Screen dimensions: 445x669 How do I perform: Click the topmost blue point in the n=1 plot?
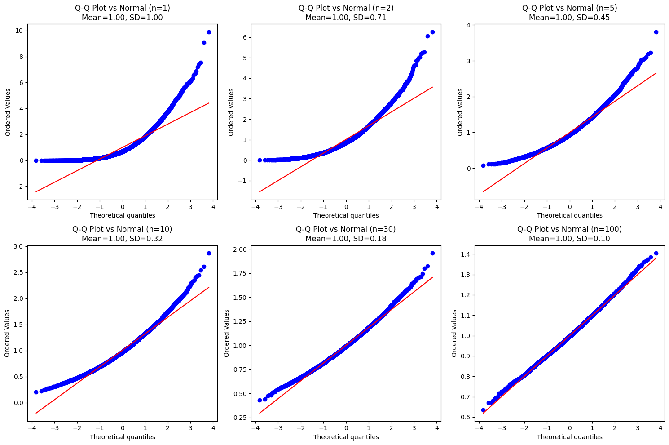(x=209, y=32)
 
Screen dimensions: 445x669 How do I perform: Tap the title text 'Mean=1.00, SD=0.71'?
(x=346, y=18)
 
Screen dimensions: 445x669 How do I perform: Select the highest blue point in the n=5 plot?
(x=656, y=32)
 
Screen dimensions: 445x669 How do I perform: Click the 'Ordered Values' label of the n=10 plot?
(x=8, y=333)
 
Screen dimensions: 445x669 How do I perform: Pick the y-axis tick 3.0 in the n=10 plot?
(x=19, y=246)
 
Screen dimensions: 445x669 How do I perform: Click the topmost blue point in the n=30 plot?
(x=432, y=253)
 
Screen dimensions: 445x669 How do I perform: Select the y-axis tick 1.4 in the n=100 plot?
(x=466, y=254)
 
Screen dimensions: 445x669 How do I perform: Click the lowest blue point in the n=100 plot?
(x=483, y=410)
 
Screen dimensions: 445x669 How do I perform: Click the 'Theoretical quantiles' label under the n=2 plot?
(x=346, y=215)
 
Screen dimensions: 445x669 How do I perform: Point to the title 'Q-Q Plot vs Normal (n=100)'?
(x=569, y=229)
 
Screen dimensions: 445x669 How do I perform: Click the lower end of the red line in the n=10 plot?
(x=36, y=413)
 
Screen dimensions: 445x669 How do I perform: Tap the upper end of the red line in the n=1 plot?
(x=209, y=103)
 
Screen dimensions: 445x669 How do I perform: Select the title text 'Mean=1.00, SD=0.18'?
(x=346, y=239)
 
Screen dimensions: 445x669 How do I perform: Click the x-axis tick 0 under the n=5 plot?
(x=569, y=207)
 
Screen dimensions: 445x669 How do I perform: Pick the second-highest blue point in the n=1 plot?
(x=204, y=43)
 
